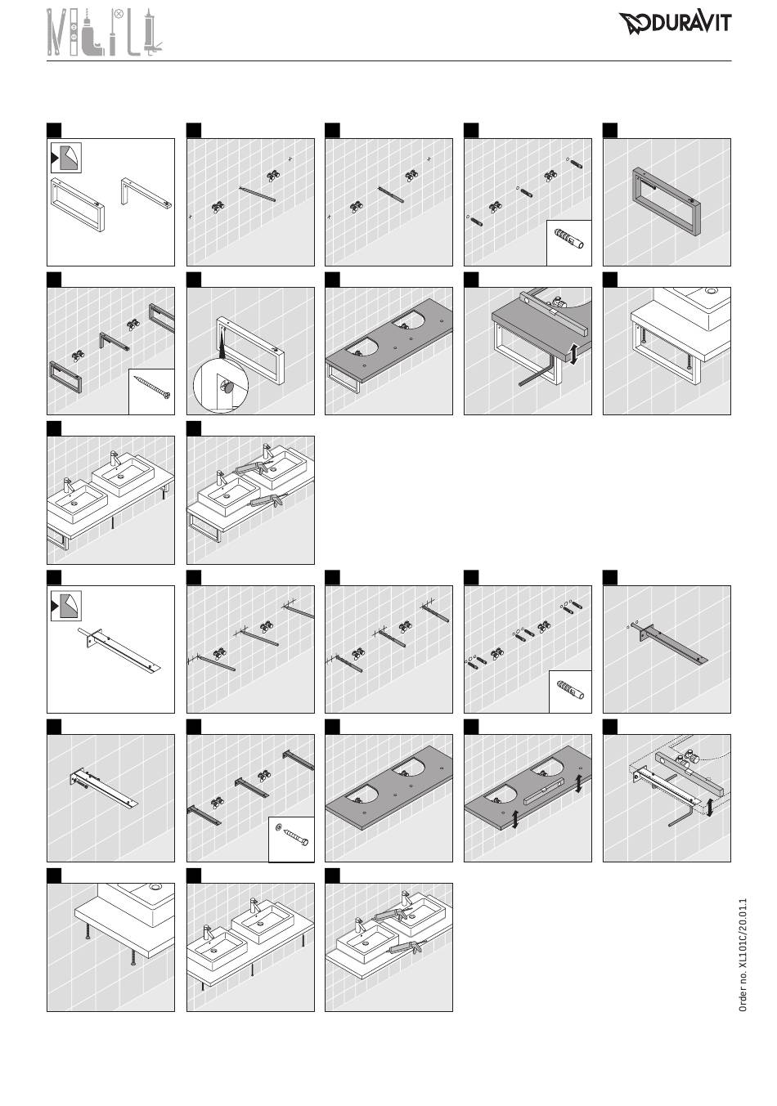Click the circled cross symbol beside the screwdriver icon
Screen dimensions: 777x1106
click(x=119, y=15)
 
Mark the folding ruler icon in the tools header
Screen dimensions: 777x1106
click(x=56, y=32)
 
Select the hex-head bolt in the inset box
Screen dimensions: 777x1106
click(x=298, y=839)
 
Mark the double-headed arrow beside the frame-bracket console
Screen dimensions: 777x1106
click(x=573, y=355)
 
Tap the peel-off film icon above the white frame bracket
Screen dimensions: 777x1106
click(x=66, y=158)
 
